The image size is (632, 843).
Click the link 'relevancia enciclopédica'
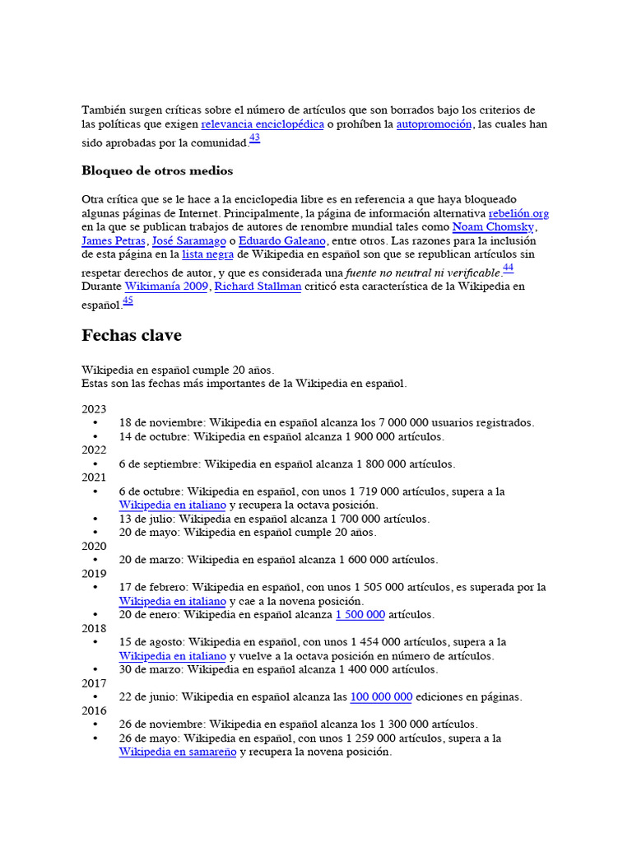[263, 124]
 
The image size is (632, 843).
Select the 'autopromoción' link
[434, 124]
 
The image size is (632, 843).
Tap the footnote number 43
[254, 138]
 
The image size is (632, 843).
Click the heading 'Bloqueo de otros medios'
[157, 171]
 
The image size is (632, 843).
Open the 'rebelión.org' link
[518, 213]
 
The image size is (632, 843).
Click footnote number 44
[508, 268]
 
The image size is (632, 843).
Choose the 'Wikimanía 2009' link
[166, 286]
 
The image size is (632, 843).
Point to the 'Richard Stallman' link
[258, 286]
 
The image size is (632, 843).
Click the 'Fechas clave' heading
[132, 336]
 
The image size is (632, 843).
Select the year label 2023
[94, 409]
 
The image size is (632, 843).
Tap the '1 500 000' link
[360, 615]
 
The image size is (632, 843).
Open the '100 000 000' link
[381, 697]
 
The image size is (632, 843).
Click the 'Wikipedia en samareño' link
[177, 752]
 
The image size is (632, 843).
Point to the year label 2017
[94, 683]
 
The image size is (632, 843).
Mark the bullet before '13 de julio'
[96, 519]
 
